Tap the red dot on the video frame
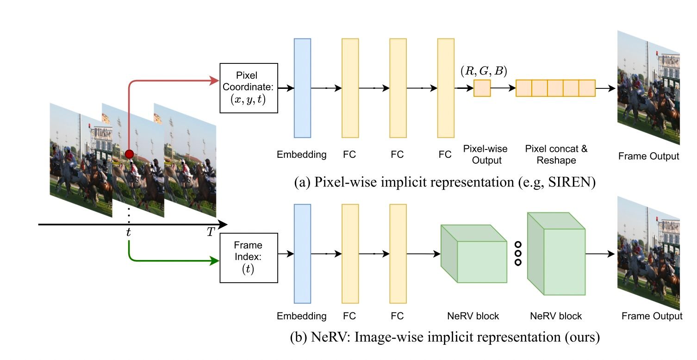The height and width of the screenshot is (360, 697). (130, 154)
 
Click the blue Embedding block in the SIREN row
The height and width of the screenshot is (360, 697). (302, 88)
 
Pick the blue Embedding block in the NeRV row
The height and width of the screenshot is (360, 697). (302, 254)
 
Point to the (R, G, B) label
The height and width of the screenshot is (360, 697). (483, 71)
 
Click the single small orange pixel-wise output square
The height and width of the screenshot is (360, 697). (482, 88)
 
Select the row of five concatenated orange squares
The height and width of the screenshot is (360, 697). (555, 88)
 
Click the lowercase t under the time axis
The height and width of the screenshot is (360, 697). (128, 233)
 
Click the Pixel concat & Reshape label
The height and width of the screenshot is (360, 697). (556, 155)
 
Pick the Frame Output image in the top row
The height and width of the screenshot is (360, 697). (648, 88)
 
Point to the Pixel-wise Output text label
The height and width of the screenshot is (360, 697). (485, 155)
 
